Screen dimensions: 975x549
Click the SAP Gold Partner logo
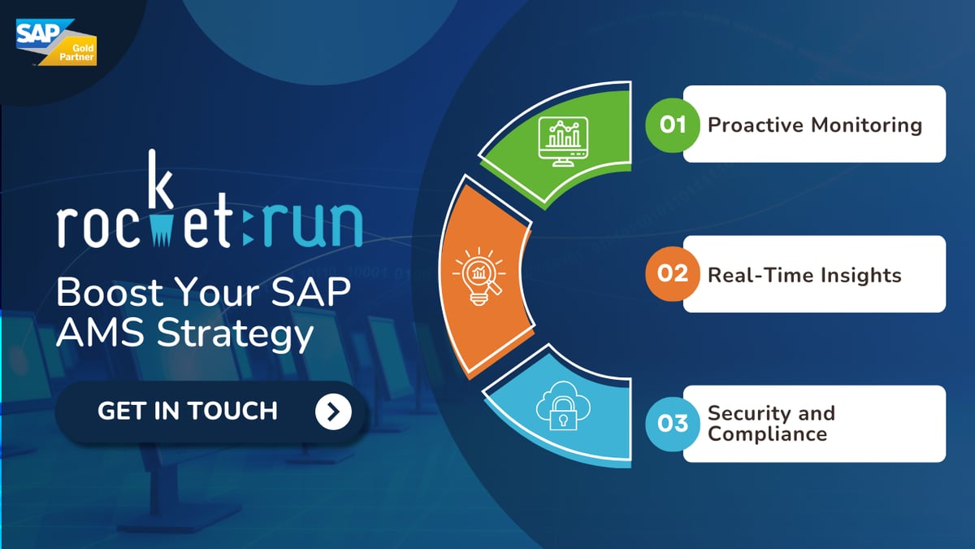pyautogui.click(x=56, y=42)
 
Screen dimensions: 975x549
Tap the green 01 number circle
pyautogui.click(x=673, y=125)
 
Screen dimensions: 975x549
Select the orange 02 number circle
pyautogui.click(x=673, y=273)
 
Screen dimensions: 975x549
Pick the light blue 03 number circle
pyautogui.click(x=673, y=424)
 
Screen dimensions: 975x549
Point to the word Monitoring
pyautogui.click(x=867, y=125)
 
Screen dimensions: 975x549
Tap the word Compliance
pyautogui.click(x=767, y=434)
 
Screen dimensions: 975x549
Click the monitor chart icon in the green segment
pyautogui.click(x=563, y=142)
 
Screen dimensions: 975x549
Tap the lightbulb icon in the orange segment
pyautogui.click(x=479, y=277)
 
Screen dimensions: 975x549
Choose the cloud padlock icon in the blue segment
pyautogui.click(x=563, y=406)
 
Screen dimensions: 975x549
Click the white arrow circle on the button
pyautogui.click(x=333, y=412)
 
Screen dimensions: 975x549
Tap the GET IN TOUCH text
pyautogui.click(x=188, y=411)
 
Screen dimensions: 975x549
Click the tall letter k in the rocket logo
pyautogui.click(x=159, y=179)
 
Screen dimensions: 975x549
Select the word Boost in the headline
pyautogui.click(x=110, y=292)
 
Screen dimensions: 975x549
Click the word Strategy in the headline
pyautogui.click(x=235, y=335)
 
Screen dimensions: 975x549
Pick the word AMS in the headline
pyautogui.click(x=100, y=333)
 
